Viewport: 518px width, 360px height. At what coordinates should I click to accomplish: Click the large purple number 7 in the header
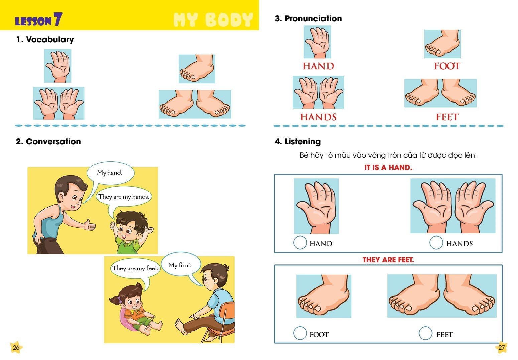click(x=58, y=19)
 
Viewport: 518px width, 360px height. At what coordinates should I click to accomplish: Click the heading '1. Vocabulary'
click(x=45, y=39)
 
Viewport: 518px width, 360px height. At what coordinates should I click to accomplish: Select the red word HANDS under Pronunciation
click(x=318, y=117)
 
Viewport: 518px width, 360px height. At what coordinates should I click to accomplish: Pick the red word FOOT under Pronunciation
click(x=447, y=66)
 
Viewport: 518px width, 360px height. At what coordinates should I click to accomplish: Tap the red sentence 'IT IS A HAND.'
click(x=388, y=167)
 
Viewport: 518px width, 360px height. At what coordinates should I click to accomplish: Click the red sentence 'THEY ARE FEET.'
click(x=388, y=260)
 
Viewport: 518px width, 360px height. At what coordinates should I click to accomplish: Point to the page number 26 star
click(x=16, y=347)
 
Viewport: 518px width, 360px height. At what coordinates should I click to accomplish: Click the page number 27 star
click(x=501, y=347)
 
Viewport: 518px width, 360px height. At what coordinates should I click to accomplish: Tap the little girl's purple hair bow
click(x=120, y=299)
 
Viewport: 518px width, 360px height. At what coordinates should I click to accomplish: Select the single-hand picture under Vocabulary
click(x=57, y=66)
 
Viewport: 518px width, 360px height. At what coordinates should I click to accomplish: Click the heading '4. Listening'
click(x=298, y=142)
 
